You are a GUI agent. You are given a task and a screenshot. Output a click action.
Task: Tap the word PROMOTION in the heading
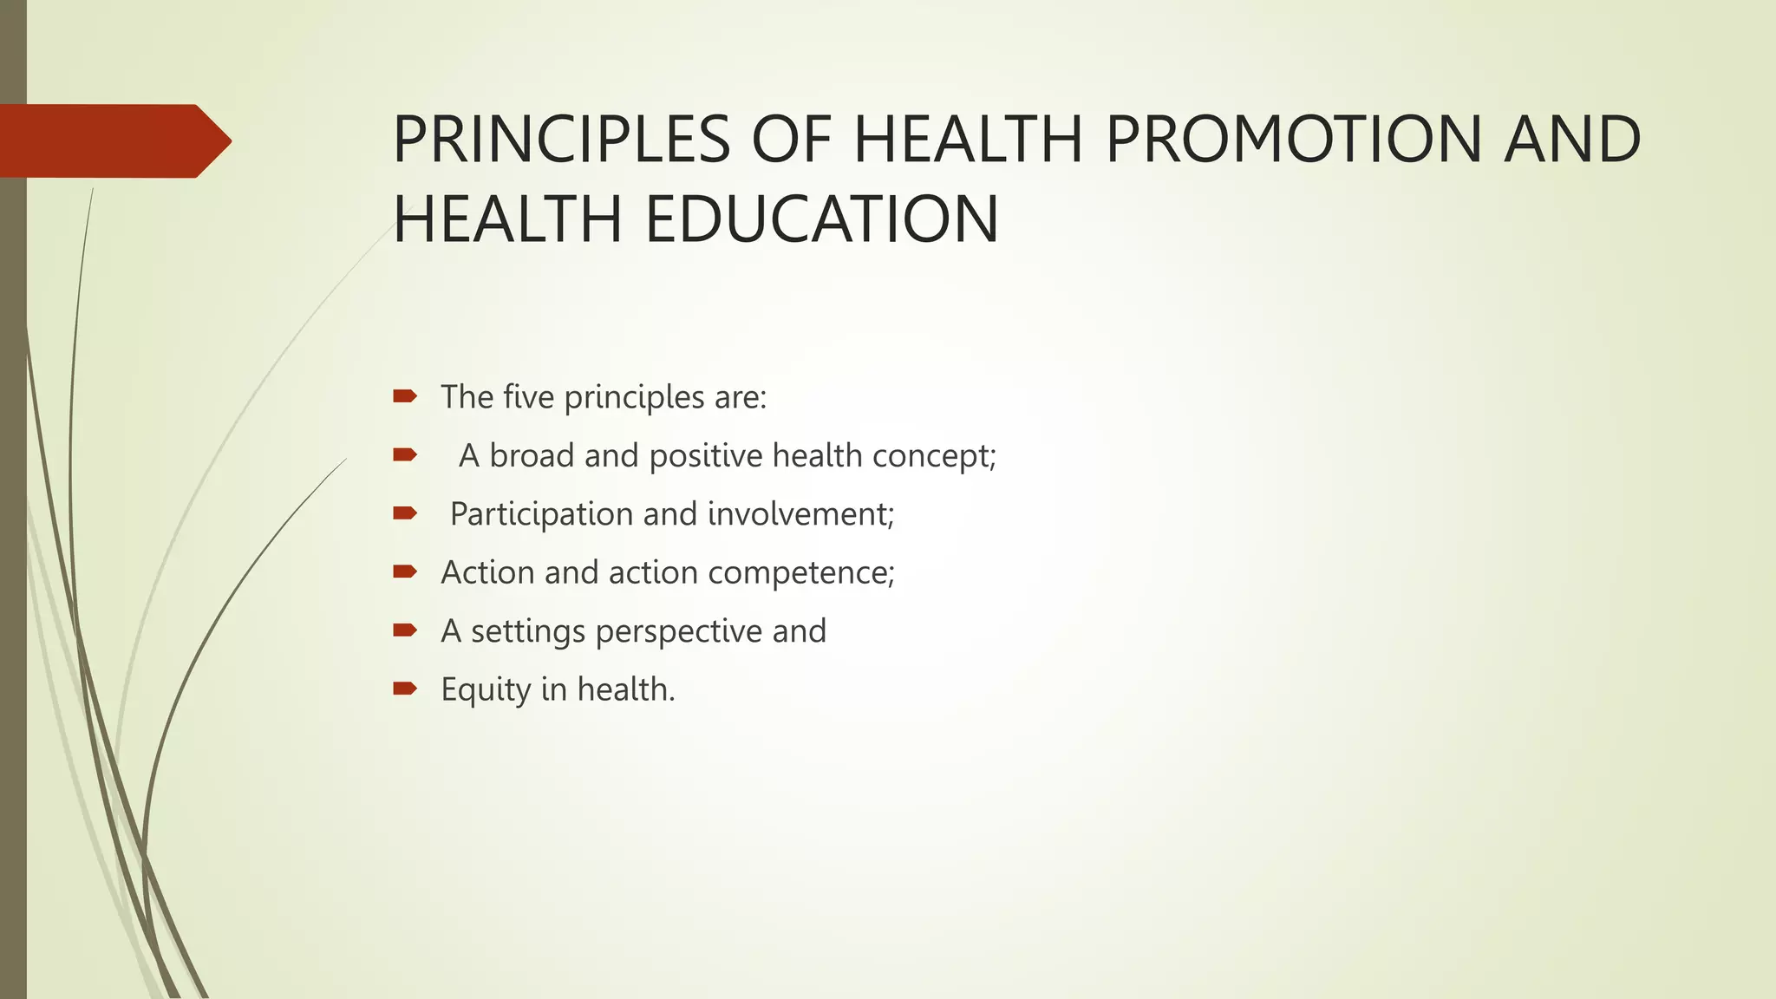coord(1294,140)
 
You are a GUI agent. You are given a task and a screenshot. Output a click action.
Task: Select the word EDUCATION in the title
coord(822,219)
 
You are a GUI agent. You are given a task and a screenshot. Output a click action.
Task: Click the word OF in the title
coord(793,140)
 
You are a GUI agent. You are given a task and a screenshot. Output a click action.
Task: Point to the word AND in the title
coord(1571,140)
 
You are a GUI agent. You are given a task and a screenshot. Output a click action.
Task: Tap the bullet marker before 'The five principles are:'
coord(405,397)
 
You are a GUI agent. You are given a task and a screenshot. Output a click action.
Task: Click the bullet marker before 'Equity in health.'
coord(405,689)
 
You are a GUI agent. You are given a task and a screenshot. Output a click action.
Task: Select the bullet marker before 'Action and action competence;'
coord(405,572)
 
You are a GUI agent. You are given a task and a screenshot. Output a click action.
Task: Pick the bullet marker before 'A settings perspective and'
coord(405,630)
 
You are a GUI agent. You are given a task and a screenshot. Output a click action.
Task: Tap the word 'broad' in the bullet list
coord(532,456)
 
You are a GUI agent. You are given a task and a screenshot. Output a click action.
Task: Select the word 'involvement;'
coord(800,514)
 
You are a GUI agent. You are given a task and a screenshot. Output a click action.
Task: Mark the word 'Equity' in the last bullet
coord(486,690)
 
